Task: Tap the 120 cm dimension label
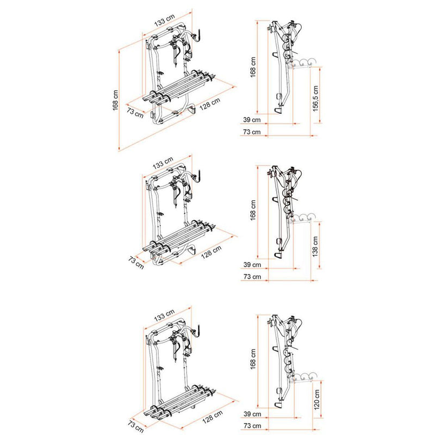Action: (x=316, y=394)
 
